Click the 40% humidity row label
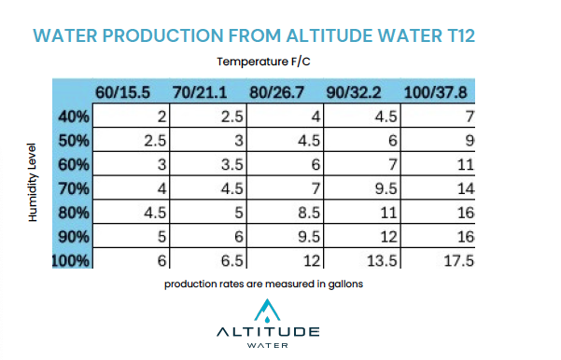click(73, 117)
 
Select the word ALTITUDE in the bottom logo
click(268, 331)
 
